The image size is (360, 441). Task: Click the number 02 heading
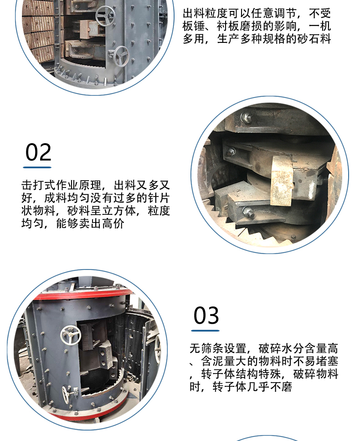click(38, 152)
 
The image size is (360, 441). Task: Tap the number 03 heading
click(206, 315)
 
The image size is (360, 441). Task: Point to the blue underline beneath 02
click(37, 167)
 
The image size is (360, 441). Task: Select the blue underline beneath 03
click(205, 331)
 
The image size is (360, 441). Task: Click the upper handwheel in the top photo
click(105, 16)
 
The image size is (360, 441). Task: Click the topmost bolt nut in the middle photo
click(247, 117)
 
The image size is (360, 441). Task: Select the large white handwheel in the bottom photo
click(71, 335)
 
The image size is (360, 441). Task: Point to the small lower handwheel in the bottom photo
click(66, 394)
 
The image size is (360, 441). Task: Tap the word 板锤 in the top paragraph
click(194, 26)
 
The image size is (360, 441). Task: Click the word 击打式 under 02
click(38, 185)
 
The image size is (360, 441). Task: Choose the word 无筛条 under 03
click(206, 348)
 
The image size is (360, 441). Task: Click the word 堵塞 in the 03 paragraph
click(327, 361)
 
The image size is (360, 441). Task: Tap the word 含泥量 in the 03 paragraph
click(218, 361)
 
